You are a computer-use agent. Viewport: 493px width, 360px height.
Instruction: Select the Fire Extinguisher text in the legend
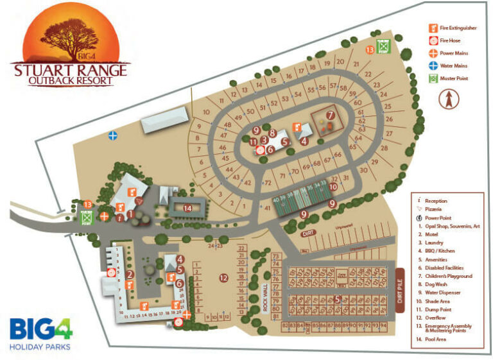[x=458, y=28]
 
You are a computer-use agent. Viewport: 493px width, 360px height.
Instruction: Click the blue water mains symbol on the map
[x=113, y=135]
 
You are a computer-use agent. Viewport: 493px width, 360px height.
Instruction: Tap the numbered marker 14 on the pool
[x=187, y=208]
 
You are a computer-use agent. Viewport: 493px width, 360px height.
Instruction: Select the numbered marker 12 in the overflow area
[x=223, y=278]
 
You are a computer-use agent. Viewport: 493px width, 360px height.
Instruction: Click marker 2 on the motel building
[x=130, y=275]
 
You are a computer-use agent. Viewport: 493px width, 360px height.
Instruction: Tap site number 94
[x=383, y=325]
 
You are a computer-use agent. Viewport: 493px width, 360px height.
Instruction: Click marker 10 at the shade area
[x=334, y=187]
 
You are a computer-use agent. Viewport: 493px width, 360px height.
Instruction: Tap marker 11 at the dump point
[x=254, y=142]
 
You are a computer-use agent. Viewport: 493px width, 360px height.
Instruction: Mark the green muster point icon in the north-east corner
[x=383, y=47]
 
